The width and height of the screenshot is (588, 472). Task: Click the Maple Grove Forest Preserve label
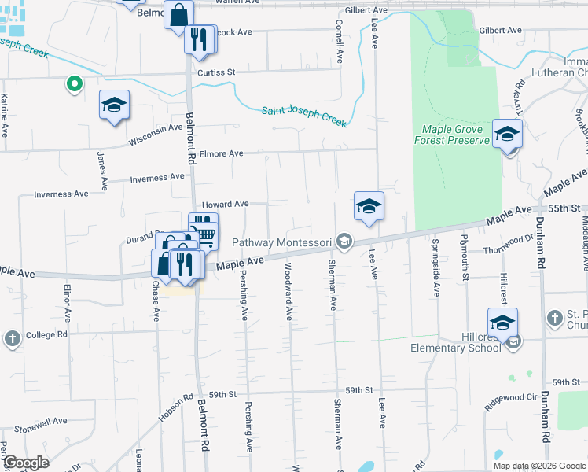[452, 135]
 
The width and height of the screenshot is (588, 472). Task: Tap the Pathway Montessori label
[283, 242]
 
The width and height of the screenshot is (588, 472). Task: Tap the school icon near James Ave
[114, 106]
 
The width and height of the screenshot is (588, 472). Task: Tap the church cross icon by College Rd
[12, 338]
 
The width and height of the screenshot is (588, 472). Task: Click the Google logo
[26, 463]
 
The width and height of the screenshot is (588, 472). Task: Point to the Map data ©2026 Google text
[539, 466]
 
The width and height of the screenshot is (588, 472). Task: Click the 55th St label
[565, 208]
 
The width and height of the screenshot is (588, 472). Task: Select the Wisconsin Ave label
[155, 134]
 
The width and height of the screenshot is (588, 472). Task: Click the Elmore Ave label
[221, 154]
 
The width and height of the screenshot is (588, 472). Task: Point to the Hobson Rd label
[175, 407]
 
